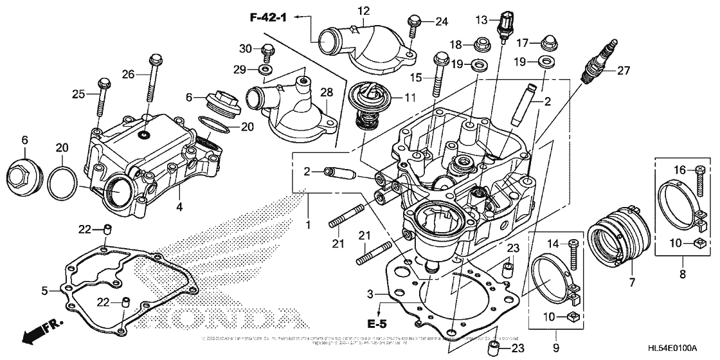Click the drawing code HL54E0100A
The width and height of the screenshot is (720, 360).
[672, 348]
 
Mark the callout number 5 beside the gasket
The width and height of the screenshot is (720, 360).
[44, 291]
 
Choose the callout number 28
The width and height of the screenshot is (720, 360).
[326, 93]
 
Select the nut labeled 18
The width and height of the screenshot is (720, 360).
[479, 45]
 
